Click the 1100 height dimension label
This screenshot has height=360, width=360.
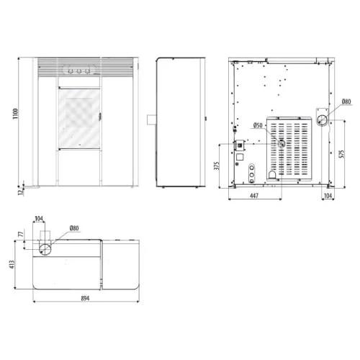pos(16,114)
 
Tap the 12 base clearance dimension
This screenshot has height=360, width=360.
pos(22,192)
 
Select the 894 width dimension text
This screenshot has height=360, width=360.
pos(85,298)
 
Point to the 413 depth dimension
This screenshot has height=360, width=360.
pos(12,264)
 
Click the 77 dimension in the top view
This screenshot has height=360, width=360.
pos(22,234)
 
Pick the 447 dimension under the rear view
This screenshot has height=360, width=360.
pos(254,196)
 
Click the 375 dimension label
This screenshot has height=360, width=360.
pos(217,166)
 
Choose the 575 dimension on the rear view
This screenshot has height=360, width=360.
pos(342,154)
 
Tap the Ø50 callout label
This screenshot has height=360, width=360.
pos(258,125)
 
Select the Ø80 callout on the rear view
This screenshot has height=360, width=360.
pos(346,102)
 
